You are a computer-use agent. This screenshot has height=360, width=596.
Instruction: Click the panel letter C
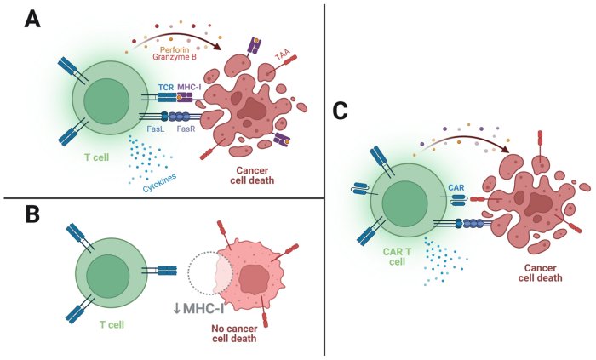coord(341,111)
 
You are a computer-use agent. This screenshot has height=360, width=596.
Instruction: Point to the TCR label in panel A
coord(166,89)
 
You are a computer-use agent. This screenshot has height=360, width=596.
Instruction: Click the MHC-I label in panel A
coord(192,89)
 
